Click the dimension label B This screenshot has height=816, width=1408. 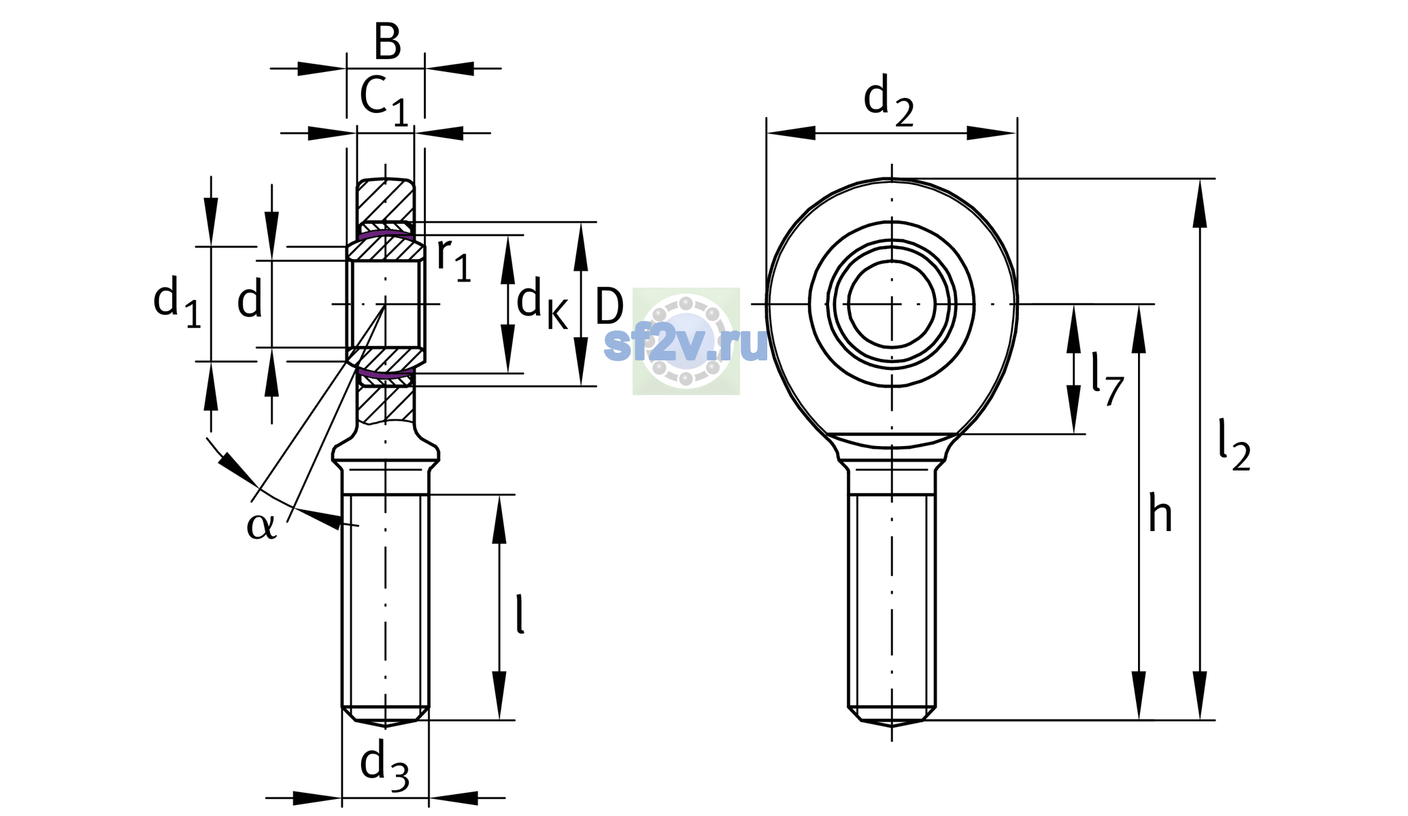click(387, 41)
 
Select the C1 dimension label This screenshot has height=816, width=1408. click(384, 100)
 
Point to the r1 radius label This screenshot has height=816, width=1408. click(454, 259)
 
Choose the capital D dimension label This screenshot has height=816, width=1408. click(609, 307)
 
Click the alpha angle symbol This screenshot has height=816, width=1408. click(262, 526)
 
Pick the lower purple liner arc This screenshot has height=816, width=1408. click(386, 374)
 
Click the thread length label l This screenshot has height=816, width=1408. click(520, 614)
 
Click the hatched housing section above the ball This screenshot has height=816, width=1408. click(386, 201)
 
